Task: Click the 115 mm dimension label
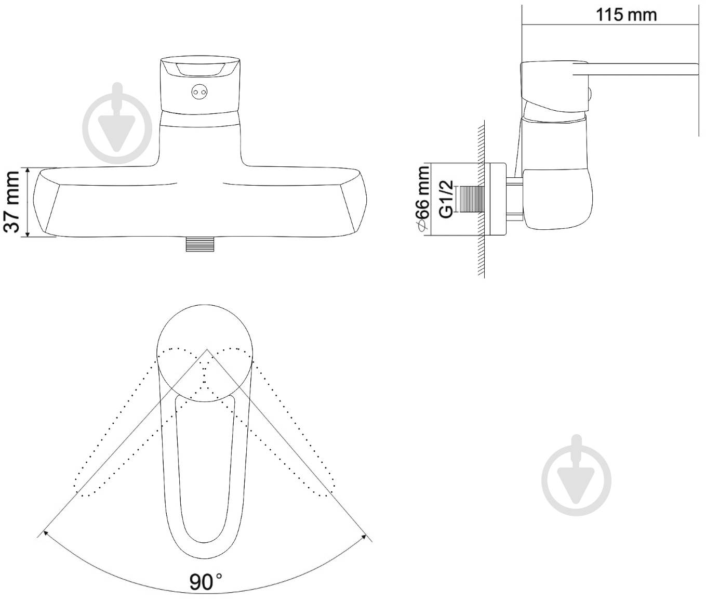[627, 15]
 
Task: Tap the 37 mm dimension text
[13, 202]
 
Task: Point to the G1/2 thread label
[446, 199]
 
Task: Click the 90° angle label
[206, 581]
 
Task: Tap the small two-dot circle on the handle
[199, 92]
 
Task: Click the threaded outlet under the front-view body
[200, 244]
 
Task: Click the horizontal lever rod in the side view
[635, 69]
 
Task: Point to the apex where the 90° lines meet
[207, 349]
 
